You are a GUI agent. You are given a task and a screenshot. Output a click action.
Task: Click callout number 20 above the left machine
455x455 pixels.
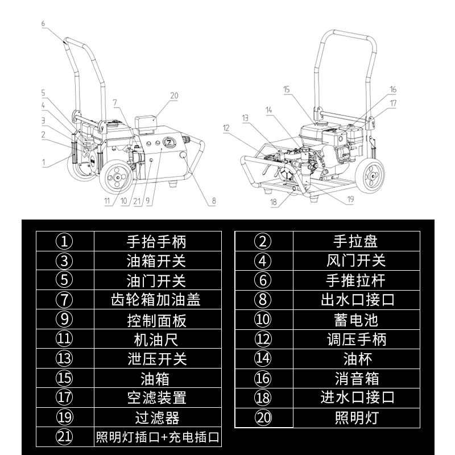tap(174, 95)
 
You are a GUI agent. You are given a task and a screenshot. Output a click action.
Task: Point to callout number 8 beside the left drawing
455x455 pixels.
tap(214, 200)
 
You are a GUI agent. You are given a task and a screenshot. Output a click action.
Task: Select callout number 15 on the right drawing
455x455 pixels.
tap(286, 89)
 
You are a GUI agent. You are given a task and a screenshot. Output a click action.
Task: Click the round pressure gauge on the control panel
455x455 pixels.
tap(169, 141)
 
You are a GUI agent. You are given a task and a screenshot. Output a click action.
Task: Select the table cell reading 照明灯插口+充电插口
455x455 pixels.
tap(156, 437)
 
